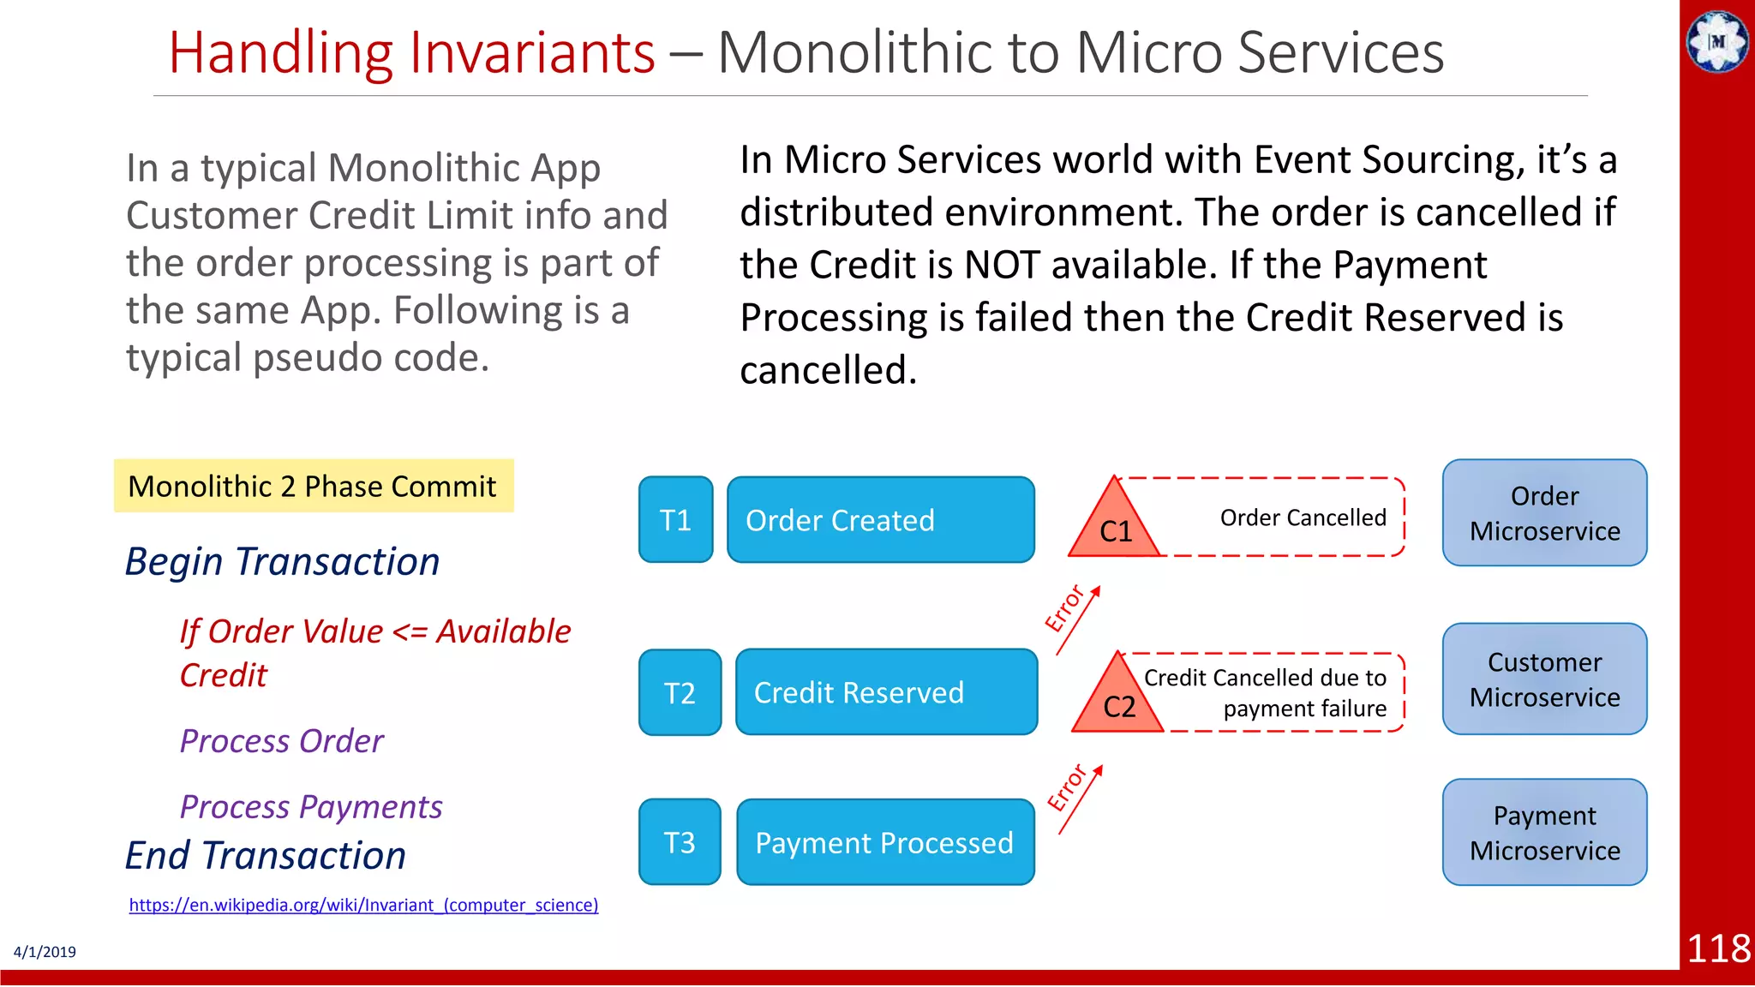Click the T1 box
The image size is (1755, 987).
pos(675,520)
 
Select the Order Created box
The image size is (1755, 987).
pos(880,520)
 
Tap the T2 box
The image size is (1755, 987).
pos(680,692)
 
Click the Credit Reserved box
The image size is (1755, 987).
pos(886,692)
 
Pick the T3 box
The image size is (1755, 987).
pos(680,842)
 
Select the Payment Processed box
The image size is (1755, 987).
pos(885,842)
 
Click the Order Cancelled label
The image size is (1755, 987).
pos(1303,517)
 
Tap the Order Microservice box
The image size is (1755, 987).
pos(1544,513)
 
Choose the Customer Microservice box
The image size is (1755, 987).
pos(1544,679)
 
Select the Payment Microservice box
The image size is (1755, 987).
pos(1544,833)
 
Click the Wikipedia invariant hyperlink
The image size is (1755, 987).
pos(363,905)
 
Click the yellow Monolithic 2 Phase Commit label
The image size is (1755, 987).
pos(314,486)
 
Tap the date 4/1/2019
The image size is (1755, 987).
pos(45,952)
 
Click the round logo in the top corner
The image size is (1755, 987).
pos(1716,41)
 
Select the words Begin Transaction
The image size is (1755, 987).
pos(282,562)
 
